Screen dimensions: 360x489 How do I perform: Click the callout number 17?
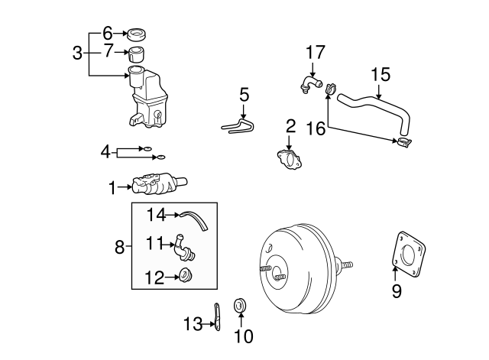coord(316,53)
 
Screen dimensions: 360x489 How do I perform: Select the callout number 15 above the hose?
coord(380,74)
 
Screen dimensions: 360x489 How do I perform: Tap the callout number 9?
coord(396,290)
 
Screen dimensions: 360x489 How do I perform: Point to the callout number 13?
coord(193,324)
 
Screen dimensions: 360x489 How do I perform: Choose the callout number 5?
coord(244,96)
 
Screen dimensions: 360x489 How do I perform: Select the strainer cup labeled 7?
coord(138,54)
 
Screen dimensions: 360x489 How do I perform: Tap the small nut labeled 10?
coord(239,307)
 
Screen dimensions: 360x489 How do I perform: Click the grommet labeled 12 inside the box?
coord(185,277)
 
